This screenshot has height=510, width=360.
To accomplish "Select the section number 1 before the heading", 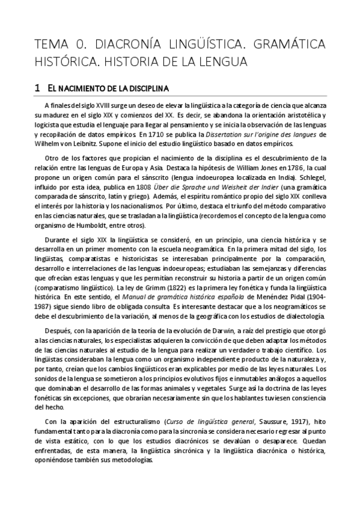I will pyautogui.click(x=37, y=88).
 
